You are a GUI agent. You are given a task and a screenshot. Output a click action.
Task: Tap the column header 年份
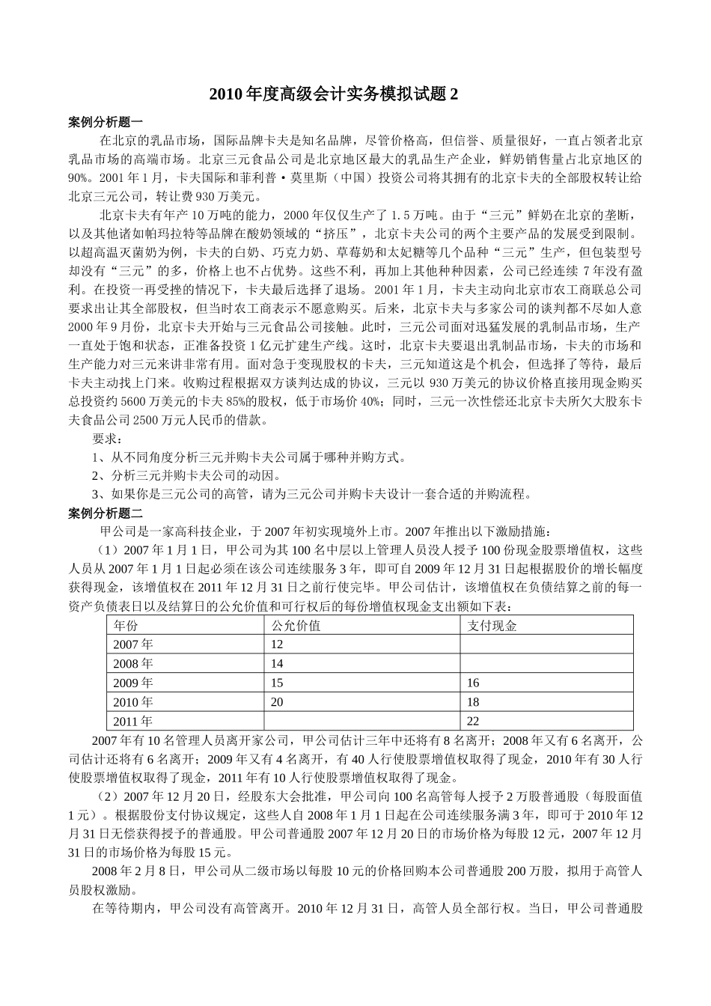pyautogui.click(x=126, y=625)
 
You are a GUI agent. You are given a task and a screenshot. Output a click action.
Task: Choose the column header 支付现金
pyautogui.click(x=492, y=625)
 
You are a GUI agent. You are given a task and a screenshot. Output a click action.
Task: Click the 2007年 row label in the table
pyautogui.click(x=132, y=644)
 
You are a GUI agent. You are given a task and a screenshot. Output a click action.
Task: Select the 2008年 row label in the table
pyautogui.click(x=132, y=664)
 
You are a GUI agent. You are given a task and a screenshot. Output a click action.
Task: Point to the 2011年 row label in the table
pyautogui.click(x=132, y=722)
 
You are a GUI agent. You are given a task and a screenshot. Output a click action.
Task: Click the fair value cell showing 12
pyautogui.click(x=277, y=644)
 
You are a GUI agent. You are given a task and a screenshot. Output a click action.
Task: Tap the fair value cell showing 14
pyautogui.click(x=277, y=664)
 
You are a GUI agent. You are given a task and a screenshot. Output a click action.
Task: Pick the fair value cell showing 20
pyautogui.click(x=277, y=702)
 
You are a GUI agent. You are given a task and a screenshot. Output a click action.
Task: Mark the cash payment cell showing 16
pyautogui.click(x=473, y=683)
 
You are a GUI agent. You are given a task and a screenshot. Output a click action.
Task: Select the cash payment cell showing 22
pyautogui.click(x=473, y=722)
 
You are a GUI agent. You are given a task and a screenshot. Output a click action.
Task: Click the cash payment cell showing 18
pyautogui.click(x=473, y=702)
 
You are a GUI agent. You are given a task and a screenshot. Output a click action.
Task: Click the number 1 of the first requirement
pyautogui.click(x=95, y=457)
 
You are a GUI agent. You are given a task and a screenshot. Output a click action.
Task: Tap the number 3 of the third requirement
pyautogui.click(x=95, y=494)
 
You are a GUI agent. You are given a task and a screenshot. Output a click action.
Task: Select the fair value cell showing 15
pyautogui.click(x=277, y=683)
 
